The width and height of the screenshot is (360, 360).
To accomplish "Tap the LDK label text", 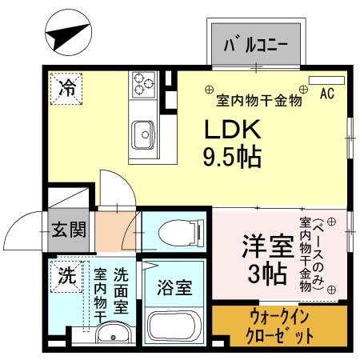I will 231,130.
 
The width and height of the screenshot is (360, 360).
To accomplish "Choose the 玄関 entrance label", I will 69,230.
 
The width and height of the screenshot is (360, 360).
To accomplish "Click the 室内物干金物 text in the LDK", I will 258,101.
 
